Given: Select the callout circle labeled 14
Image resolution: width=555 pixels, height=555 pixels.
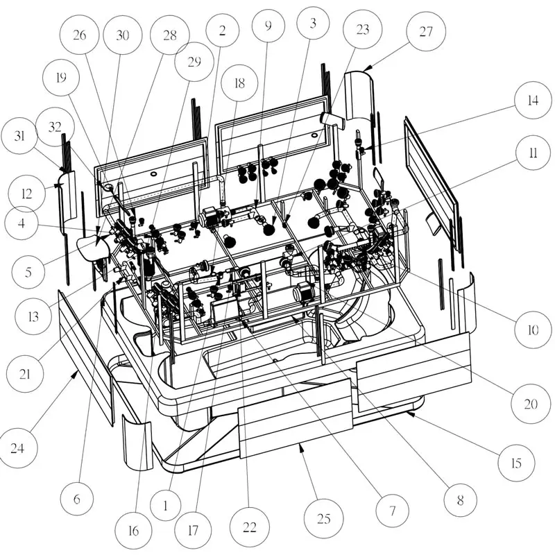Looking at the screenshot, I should [532, 100].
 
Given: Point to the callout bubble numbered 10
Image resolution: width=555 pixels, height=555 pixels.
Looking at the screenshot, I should [532, 330].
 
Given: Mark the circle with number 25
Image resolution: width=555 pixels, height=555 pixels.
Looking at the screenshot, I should [324, 518].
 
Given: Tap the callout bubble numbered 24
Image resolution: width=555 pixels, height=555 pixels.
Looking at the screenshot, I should [19, 447].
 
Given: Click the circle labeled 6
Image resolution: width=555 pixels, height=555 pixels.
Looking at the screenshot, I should [77, 498].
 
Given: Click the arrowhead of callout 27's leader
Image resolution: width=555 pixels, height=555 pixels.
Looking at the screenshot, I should [366, 67].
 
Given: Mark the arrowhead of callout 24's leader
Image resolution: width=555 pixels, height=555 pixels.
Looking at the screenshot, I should [74, 373].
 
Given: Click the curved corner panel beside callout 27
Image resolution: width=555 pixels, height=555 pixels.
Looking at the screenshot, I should [359, 97].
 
